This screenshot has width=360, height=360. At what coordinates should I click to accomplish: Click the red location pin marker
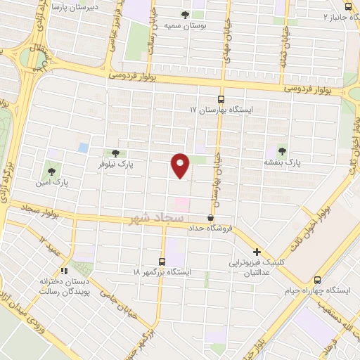181,165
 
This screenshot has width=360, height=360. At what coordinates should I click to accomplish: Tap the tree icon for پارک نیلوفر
116,153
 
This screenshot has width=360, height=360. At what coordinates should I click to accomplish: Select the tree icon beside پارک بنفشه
282,151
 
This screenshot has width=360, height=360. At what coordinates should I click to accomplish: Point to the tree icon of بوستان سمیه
185,15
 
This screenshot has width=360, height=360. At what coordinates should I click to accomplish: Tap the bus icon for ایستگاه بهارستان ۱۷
221,99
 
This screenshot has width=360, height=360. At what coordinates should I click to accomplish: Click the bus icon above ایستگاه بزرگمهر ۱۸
162,262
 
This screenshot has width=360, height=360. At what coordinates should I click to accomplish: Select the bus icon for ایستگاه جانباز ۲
348,6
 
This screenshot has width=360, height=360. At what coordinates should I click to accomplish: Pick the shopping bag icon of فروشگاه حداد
210,218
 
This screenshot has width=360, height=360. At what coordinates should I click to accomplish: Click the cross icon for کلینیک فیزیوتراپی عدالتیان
257,252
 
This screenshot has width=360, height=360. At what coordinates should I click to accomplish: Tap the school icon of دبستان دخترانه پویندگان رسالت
64,269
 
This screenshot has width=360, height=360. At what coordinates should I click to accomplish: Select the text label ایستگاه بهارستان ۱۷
225,110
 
